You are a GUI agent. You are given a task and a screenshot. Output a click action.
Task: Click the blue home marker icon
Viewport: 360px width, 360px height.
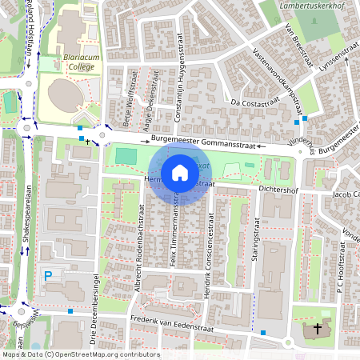click(x=180, y=173)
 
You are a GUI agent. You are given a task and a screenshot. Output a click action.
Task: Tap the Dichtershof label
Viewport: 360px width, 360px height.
click(x=278, y=190)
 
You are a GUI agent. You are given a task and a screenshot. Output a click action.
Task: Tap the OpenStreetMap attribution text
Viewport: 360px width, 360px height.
click(x=80, y=354)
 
